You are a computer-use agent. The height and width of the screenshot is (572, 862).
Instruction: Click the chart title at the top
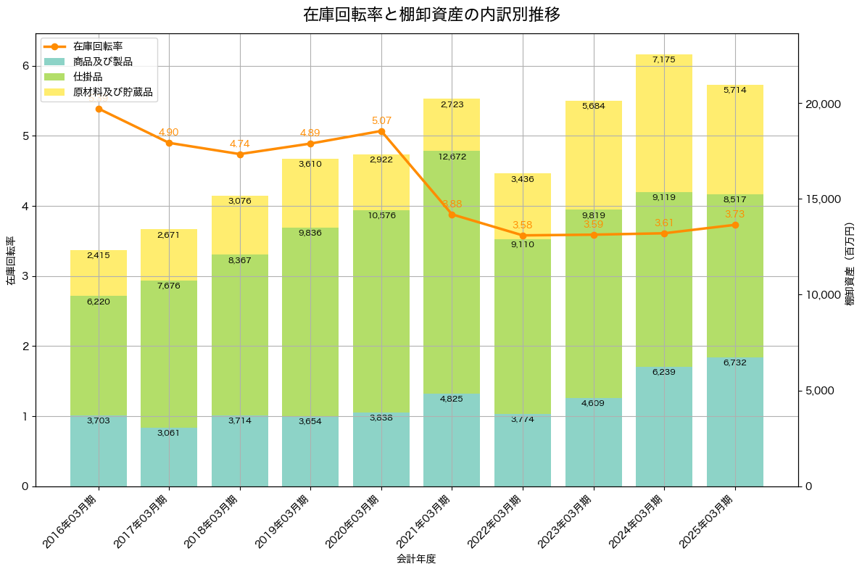431,14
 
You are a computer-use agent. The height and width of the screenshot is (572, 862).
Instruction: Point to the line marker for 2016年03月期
99,109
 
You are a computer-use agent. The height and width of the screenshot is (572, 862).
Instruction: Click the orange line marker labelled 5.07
381,131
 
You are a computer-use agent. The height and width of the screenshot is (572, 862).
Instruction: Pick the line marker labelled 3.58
523,236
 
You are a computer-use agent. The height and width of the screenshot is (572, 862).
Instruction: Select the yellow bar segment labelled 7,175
664,123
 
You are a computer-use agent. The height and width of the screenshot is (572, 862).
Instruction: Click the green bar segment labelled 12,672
452,272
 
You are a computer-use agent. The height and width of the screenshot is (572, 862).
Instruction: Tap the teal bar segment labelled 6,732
735,422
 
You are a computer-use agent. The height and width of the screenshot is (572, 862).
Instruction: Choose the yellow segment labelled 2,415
99,273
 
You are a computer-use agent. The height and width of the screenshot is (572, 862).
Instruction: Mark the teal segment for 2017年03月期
169,457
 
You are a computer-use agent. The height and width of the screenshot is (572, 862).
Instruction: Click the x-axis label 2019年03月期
282,522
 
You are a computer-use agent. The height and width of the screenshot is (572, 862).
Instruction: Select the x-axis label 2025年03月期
706,522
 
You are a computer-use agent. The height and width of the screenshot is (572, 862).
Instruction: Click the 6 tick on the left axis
25,66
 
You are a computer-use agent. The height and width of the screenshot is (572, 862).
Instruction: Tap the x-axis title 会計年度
416,559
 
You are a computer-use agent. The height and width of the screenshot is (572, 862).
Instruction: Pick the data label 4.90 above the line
169,133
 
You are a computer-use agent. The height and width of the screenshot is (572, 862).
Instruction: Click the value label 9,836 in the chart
310,233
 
